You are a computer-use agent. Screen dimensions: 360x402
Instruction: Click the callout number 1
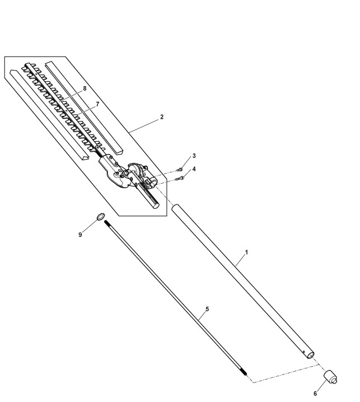pos(247,253)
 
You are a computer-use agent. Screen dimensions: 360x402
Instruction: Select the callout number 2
pos(162,117)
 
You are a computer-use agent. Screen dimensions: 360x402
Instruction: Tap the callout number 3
pos(194,156)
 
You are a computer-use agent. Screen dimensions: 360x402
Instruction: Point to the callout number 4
pos(194,169)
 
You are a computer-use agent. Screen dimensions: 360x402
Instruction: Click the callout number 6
pos(315,394)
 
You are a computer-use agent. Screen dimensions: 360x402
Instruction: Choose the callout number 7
pos(97,104)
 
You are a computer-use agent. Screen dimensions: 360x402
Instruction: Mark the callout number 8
pos(85,89)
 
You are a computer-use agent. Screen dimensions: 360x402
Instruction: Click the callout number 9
pos(81,235)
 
